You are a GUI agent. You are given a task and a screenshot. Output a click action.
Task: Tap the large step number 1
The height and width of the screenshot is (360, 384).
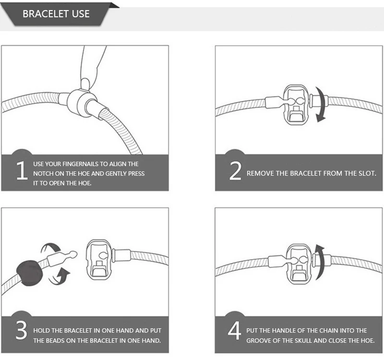(x=22, y=170)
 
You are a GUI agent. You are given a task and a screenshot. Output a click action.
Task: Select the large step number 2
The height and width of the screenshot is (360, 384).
(x=235, y=171)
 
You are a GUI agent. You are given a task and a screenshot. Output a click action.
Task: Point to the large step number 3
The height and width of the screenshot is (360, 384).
(x=22, y=330)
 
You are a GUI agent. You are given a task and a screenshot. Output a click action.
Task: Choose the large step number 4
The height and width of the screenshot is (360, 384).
(x=234, y=330)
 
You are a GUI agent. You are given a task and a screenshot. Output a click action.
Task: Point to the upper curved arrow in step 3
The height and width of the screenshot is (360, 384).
(x=50, y=248)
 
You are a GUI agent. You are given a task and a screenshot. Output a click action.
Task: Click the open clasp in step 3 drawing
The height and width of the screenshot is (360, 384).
(x=99, y=260)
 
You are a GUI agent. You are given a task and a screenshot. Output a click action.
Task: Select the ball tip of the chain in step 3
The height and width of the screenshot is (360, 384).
(x=73, y=254)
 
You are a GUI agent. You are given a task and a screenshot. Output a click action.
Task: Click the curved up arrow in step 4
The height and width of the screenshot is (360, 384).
(x=320, y=262)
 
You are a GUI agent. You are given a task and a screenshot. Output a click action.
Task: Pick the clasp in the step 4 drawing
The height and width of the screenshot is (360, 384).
(x=299, y=264)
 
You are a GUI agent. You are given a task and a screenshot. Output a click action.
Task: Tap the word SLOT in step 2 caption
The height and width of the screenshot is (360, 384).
(x=367, y=173)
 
